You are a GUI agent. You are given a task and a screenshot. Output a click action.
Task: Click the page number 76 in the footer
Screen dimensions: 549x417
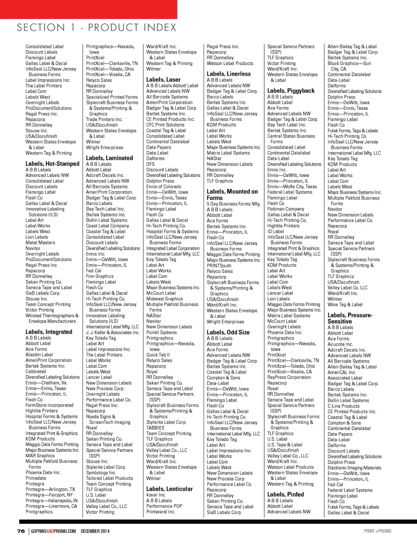click(x=21, y=531)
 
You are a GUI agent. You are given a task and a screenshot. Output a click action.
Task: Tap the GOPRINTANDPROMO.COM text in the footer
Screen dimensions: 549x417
click(x=53, y=531)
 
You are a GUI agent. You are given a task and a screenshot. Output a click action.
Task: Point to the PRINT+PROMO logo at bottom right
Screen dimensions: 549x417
click(x=377, y=531)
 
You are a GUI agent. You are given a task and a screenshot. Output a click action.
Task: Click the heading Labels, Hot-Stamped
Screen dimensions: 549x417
click(x=53, y=164)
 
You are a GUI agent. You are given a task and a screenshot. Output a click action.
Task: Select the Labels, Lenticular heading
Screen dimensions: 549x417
click(x=169, y=489)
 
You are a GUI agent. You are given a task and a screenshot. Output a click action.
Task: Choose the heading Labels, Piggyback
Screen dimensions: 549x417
click(x=291, y=91)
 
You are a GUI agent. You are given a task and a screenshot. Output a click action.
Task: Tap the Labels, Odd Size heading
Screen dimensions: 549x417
click(x=228, y=332)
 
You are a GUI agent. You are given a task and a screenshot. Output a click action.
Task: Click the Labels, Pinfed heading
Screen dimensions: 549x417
click(x=285, y=494)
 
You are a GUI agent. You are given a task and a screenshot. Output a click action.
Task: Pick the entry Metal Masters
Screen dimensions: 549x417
click(x=40, y=243)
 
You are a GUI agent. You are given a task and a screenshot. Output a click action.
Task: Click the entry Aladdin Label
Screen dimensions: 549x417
click(x=39, y=354)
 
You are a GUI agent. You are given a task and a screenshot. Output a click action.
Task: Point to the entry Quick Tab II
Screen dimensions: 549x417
click(x=158, y=355)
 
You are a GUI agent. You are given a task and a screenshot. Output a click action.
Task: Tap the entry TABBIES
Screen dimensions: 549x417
click(x=155, y=428)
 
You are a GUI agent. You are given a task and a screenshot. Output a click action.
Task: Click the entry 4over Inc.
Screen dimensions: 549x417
click(x=156, y=495)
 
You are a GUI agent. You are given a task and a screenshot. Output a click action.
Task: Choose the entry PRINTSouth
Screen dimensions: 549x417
click(x=219, y=266)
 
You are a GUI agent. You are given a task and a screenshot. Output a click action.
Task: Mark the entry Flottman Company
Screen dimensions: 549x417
click(x=286, y=209)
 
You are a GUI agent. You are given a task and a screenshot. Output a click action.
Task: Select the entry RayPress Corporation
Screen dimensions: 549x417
click(x=289, y=377)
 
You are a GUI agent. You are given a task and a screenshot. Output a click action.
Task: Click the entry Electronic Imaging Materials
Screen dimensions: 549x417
click(x=354, y=468)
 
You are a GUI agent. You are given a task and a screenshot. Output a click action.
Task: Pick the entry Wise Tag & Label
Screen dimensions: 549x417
click(x=345, y=304)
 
